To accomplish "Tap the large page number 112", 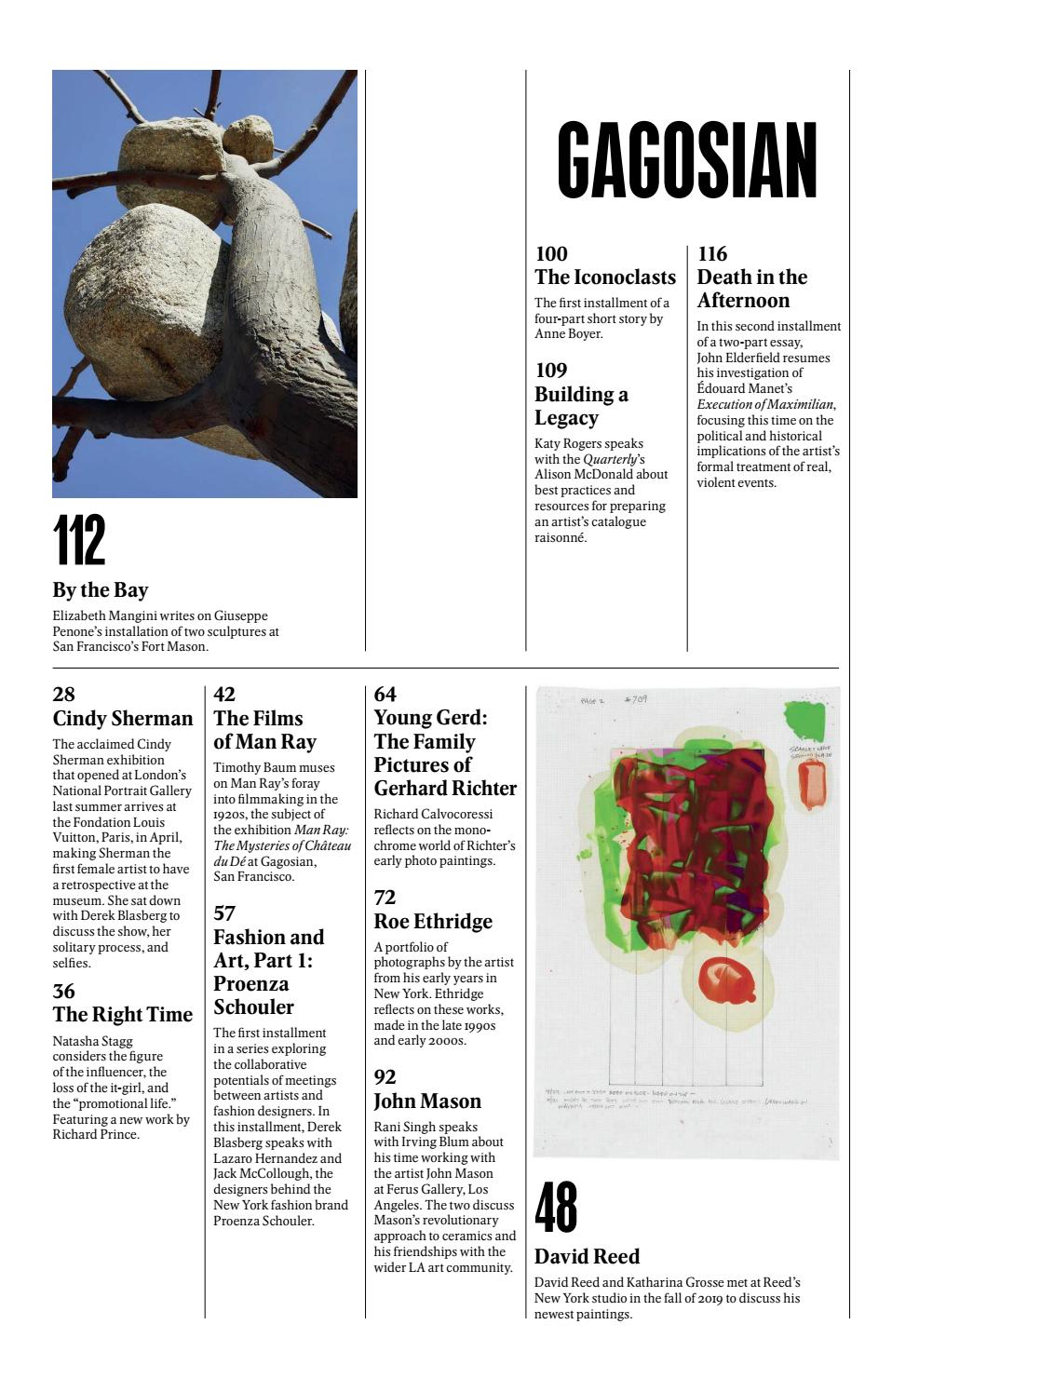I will [x=79, y=540].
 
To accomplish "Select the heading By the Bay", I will [x=101, y=590].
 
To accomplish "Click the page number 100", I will [x=551, y=253].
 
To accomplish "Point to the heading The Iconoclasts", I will [x=605, y=277].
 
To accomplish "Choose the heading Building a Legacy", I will [x=581, y=406].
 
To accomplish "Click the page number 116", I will [x=712, y=253].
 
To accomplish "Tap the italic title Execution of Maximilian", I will [x=765, y=404].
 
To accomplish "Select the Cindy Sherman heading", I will [x=123, y=719].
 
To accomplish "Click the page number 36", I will [x=64, y=991].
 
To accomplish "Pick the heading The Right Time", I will [x=123, y=1015].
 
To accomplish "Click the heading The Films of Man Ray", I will [x=264, y=730].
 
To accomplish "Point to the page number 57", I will [x=224, y=913].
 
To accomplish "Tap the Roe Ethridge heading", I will [x=433, y=922].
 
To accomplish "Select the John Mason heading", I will [x=427, y=1101].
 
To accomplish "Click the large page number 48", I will [x=556, y=1207].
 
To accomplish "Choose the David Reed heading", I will [x=587, y=1257].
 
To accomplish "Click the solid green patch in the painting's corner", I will [x=804, y=722].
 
